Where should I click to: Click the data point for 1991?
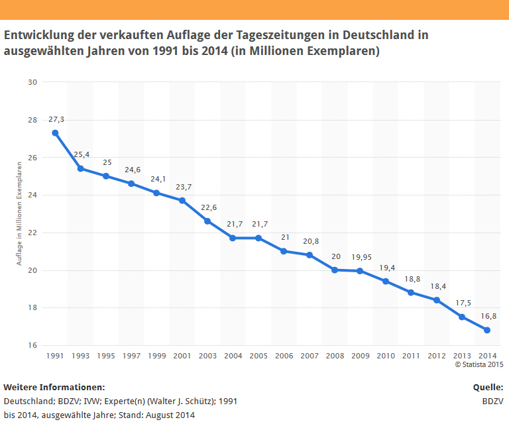[55, 133]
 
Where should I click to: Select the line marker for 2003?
[207, 221]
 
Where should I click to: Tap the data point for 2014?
[487, 330]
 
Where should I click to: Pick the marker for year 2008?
[335, 270]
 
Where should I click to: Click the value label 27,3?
[56, 119]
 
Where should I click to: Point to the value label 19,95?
[360, 256]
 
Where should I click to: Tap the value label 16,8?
[488, 316]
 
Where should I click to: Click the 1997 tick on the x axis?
[131, 356]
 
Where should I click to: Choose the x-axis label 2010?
[386, 356]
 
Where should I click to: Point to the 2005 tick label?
[258, 356]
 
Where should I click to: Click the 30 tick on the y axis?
[32, 82]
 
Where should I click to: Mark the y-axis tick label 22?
[32, 233]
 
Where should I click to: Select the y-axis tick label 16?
[32, 345]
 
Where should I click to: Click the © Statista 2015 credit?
[479, 364]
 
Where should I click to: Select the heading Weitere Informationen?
[54, 387]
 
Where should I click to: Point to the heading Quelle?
[488, 387]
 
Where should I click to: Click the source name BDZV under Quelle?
[492, 401]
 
